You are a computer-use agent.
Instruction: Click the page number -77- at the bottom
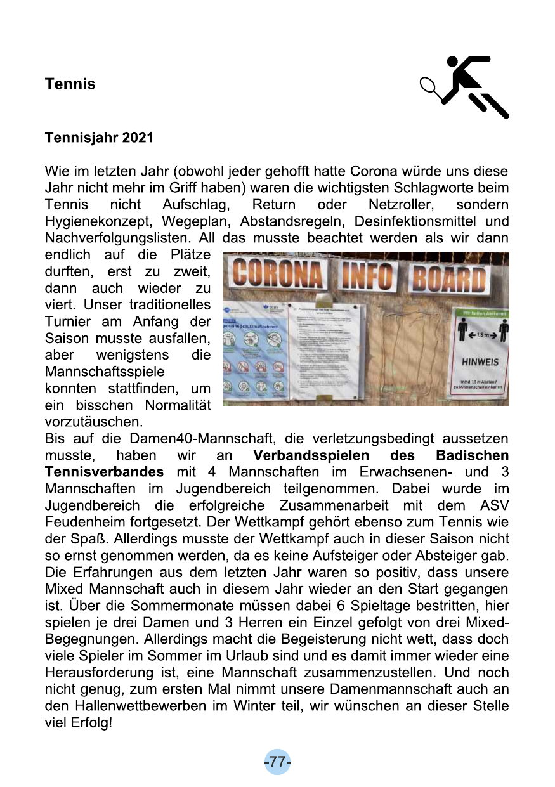(277, 762)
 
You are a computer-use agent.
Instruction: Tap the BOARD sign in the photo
(450, 278)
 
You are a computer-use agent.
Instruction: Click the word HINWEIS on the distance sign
(480, 362)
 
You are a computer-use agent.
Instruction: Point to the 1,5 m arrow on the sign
(480, 332)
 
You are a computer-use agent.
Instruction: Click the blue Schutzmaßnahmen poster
(254, 359)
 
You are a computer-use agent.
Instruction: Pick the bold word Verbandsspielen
(311, 455)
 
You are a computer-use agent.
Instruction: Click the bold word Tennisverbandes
(104, 472)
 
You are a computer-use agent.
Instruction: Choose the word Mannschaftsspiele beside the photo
(104, 372)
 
